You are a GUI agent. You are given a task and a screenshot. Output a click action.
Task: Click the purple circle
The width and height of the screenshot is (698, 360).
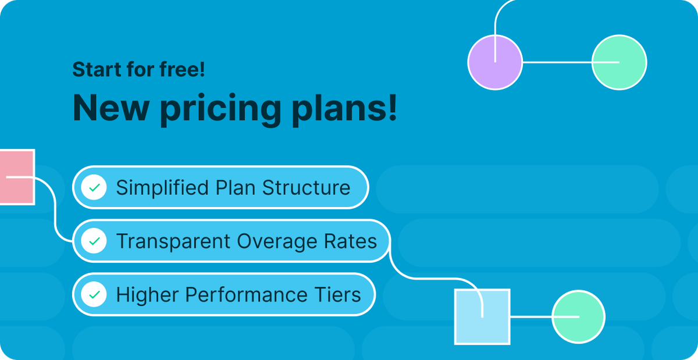[495, 62]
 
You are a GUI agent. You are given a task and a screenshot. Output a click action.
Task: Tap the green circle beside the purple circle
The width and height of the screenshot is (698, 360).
[619, 62]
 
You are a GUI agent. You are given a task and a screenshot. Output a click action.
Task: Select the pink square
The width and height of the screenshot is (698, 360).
[16, 177]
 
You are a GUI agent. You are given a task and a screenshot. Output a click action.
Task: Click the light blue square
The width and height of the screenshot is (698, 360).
[482, 316]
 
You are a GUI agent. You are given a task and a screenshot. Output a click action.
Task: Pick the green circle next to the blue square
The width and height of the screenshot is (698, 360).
[578, 316]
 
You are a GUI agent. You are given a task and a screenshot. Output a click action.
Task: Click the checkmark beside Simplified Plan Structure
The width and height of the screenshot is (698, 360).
[94, 188]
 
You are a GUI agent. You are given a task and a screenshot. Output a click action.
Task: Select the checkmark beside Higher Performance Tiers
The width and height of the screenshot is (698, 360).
[94, 295]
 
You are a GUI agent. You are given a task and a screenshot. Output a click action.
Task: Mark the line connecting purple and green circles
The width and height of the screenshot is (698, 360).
[557, 62]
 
